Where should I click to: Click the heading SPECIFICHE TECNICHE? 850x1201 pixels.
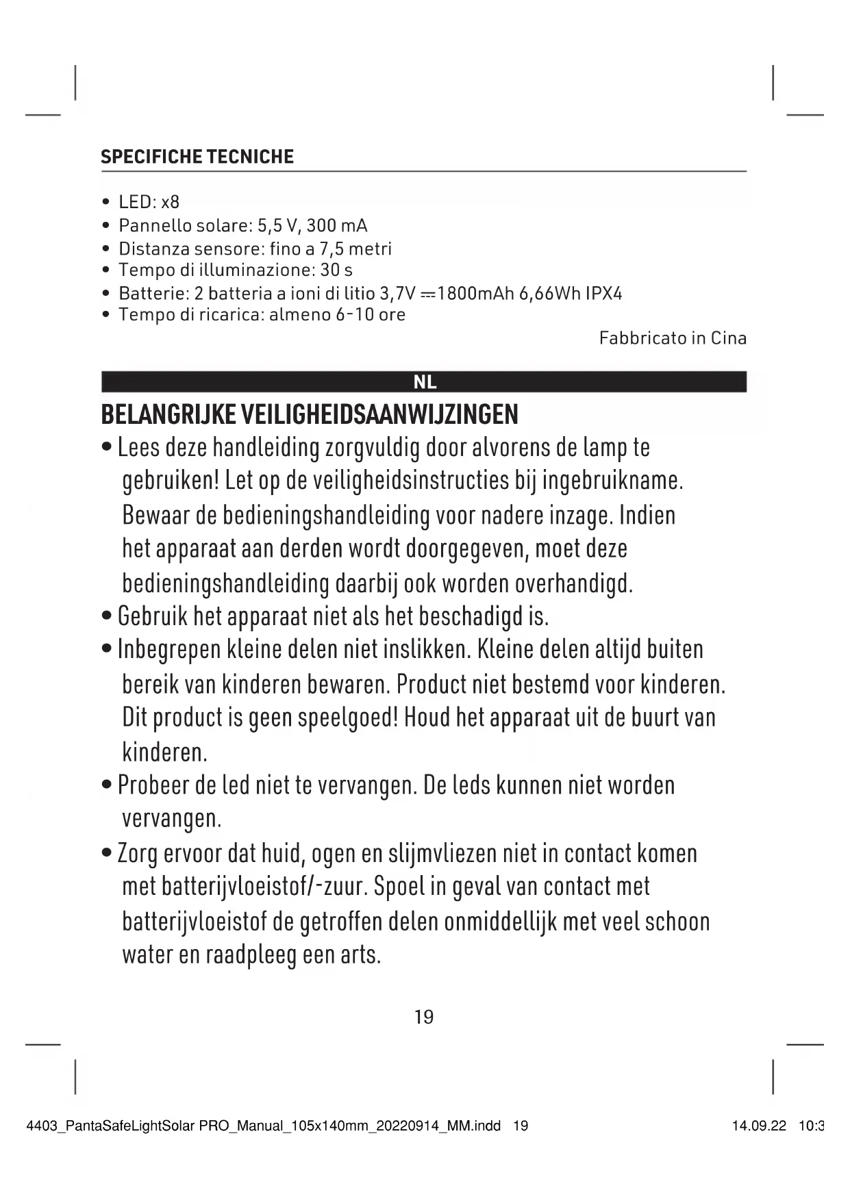point(197,157)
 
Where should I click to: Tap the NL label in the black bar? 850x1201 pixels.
point(425,382)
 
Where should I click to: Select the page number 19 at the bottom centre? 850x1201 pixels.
point(424,1017)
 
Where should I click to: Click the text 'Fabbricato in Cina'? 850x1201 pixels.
point(673,338)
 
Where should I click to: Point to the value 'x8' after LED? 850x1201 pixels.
point(170,202)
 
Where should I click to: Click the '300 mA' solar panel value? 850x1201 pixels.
point(336,225)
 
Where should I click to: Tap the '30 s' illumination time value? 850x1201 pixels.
point(336,270)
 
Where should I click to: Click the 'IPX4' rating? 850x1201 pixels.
point(603,294)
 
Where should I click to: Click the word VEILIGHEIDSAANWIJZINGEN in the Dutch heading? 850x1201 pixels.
point(377,415)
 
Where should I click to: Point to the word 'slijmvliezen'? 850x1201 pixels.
point(442,854)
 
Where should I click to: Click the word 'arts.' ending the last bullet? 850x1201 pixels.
point(360,955)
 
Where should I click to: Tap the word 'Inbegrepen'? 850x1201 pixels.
point(169,650)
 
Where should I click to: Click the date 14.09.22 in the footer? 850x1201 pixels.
point(759,1126)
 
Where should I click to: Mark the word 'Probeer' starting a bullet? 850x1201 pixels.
point(153,785)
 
